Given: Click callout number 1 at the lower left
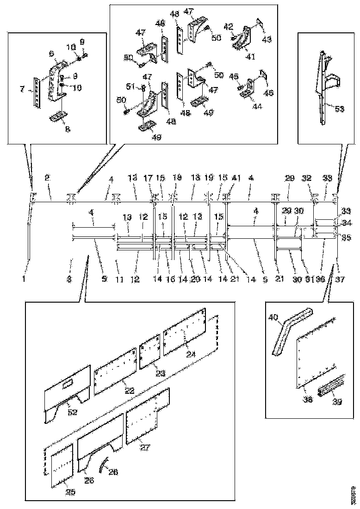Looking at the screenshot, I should click(24, 279).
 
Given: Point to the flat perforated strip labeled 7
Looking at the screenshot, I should click(36, 92).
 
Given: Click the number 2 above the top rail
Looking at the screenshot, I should click(47, 178).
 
